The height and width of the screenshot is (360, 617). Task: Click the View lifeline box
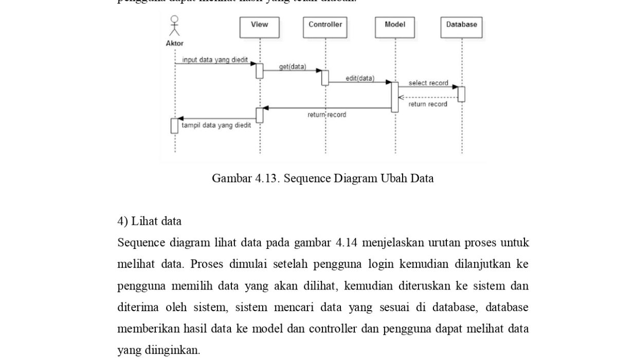click(259, 27)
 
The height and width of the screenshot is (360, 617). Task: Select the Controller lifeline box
click(325, 27)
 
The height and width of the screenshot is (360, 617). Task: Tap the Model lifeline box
click(395, 27)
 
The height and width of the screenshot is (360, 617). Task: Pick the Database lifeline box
click(461, 27)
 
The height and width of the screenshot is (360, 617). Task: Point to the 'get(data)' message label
click(292, 67)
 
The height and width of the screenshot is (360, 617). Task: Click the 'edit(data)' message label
click(360, 78)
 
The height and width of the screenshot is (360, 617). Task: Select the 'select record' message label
click(428, 83)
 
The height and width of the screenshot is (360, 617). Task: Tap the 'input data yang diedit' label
click(215, 60)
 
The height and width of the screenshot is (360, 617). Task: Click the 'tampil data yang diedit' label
click(216, 125)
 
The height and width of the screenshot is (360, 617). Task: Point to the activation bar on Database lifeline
click(461, 94)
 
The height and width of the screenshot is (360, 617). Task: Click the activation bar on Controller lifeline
click(325, 78)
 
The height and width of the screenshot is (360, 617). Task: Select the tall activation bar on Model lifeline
click(395, 97)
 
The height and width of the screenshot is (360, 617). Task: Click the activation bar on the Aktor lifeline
click(174, 125)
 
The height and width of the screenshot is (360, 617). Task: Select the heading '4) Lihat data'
click(149, 221)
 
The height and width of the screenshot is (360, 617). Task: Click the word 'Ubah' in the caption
click(393, 178)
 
